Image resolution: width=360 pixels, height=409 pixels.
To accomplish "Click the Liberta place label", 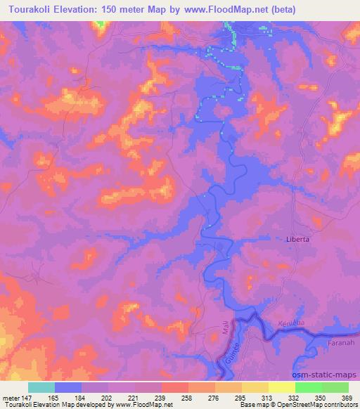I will [299, 239].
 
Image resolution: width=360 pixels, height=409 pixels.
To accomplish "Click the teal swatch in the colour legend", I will [41, 387].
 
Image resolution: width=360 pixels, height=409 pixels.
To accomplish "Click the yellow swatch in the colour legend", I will [281, 387].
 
